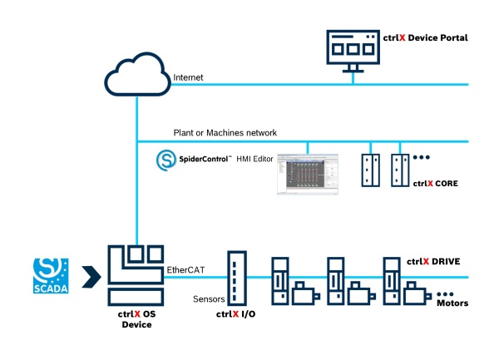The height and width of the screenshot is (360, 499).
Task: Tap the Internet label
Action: (188, 77)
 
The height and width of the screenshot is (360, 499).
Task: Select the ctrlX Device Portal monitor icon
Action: (353, 51)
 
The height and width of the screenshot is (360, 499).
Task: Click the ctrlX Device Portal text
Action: (426, 38)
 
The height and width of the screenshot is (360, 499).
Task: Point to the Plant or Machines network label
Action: (225, 133)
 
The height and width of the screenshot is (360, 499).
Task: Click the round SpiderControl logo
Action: (166, 160)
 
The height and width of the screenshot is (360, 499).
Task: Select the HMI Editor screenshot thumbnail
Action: (308, 174)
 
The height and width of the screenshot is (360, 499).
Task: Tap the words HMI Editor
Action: (254, 159)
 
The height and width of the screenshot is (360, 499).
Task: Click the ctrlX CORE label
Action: (435, 184)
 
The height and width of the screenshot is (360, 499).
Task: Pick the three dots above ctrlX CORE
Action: (422, 157)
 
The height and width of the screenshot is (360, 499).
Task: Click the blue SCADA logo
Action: (51, 276)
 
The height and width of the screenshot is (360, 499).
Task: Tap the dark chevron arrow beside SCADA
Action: (91, 277)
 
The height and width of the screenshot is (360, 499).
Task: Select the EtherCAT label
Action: (185, 270)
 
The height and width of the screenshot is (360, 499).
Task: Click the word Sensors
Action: (209, 299)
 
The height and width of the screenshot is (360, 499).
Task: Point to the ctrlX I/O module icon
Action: (237, 279)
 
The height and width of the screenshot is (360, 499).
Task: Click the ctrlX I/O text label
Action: (235, 314)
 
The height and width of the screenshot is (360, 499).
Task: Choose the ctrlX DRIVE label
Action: (433, 261)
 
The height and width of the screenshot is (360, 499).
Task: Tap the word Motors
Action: (452, 303)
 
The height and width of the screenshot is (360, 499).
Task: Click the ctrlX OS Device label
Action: (137, 319)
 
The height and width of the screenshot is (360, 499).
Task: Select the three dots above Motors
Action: (445, 294)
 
